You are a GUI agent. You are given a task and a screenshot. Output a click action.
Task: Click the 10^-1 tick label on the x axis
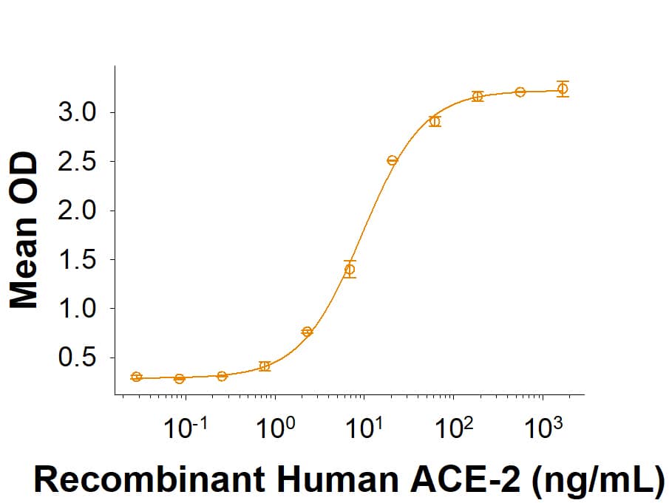[x=186, y=427]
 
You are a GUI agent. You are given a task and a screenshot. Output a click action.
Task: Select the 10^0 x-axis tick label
[x=275, y=427]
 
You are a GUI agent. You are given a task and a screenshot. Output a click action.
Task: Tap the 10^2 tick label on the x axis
[x=454, y=427]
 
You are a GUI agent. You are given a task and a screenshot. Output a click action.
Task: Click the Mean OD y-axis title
[x=24, y=230]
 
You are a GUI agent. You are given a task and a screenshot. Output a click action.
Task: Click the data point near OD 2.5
[x=393, y=160]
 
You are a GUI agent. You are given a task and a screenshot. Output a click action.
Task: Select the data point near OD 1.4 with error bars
[x=350, y=270]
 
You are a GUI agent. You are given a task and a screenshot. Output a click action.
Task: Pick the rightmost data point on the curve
[x=563, y=89]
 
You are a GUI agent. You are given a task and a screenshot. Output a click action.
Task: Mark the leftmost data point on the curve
[x=136, y=377]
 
